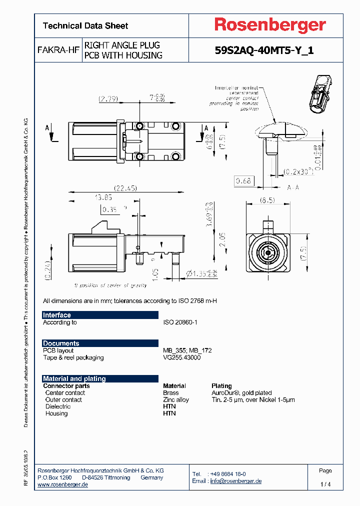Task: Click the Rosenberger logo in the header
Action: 270,25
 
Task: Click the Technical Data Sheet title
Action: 85,26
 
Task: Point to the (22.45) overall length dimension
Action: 125,188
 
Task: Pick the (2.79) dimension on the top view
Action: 108,99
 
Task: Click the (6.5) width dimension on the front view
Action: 267,200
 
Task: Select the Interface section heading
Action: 57,315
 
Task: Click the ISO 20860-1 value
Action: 180,322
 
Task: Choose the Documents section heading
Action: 61,343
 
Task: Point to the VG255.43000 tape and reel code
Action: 182,357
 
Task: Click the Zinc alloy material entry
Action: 176,399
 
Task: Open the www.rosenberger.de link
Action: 63,484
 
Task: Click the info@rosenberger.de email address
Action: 235,481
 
